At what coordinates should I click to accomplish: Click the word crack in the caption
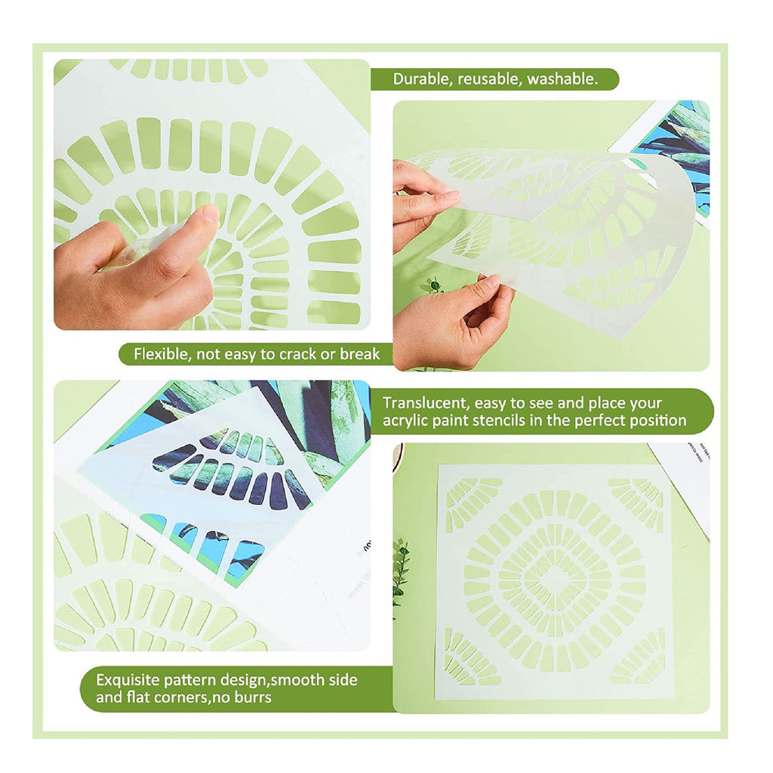pyautogui.click(x=298, y=354)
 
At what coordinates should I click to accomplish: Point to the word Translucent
pyautogui.click(x=425, y=403)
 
